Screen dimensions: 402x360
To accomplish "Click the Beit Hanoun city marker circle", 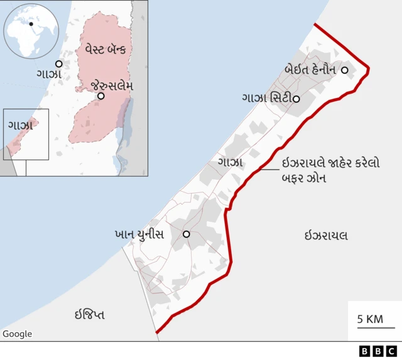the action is [x=344, y=70].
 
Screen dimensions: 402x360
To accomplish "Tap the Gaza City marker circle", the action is [x=296, y=99].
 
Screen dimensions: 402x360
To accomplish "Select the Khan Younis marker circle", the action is [x=186, y=234].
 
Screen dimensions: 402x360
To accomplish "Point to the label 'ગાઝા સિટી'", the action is [x=266, y=99].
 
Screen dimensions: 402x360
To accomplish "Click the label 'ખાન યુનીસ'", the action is [x=139, y=234].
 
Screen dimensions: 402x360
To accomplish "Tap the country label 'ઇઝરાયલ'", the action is [x=326, y=236].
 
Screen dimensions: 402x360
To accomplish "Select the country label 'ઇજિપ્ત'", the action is [x=89, y=314].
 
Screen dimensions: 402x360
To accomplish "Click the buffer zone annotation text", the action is [x=329, y=170].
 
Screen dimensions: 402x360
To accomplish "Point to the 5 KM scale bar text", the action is [x=371, y=319].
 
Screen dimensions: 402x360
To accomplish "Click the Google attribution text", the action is [x=17, y=334].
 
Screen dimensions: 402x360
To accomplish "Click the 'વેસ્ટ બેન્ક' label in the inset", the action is [x=104, y=48].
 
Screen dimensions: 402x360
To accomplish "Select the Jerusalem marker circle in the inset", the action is [x=100, y=95].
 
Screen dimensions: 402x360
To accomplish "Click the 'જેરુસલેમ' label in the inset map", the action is [x=112, y=85].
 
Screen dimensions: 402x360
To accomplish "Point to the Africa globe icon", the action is [x=30, y=31].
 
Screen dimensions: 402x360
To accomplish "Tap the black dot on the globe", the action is [x=30, y=24].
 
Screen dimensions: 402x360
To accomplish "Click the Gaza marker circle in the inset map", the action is [x=58, y=63].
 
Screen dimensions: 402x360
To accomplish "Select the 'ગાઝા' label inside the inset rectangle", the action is [x=20, y=125].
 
